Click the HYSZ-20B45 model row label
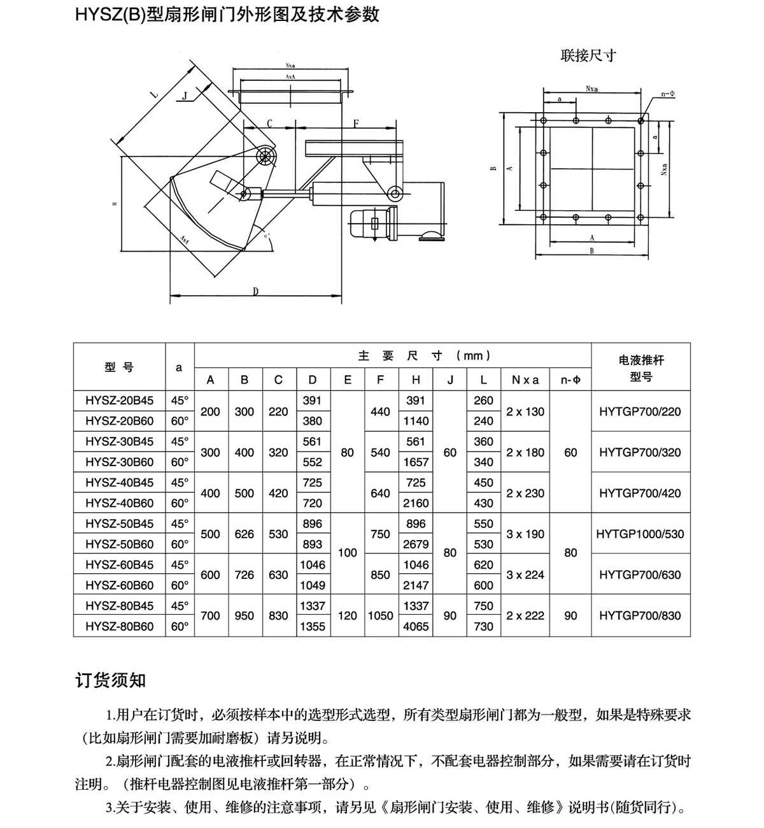click(x=119, y=401)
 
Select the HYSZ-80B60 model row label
click(x=119, y=626)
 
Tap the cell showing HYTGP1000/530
click(x=640, y=534)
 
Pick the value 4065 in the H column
click(x=416, y=626)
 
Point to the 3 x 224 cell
click(x=525, y=575)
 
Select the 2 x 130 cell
click(x=525, y=411)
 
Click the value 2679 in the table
click(x=416, y=545)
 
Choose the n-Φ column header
click(x=570, y=380)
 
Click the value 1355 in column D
click(x=312, y=626)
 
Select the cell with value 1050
click(x=380, y=616)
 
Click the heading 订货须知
click(x=111, y=680)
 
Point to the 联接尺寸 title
click(x=588, y=55)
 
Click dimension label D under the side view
click(x=255, y=291)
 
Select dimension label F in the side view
click(x=356, y=122)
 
